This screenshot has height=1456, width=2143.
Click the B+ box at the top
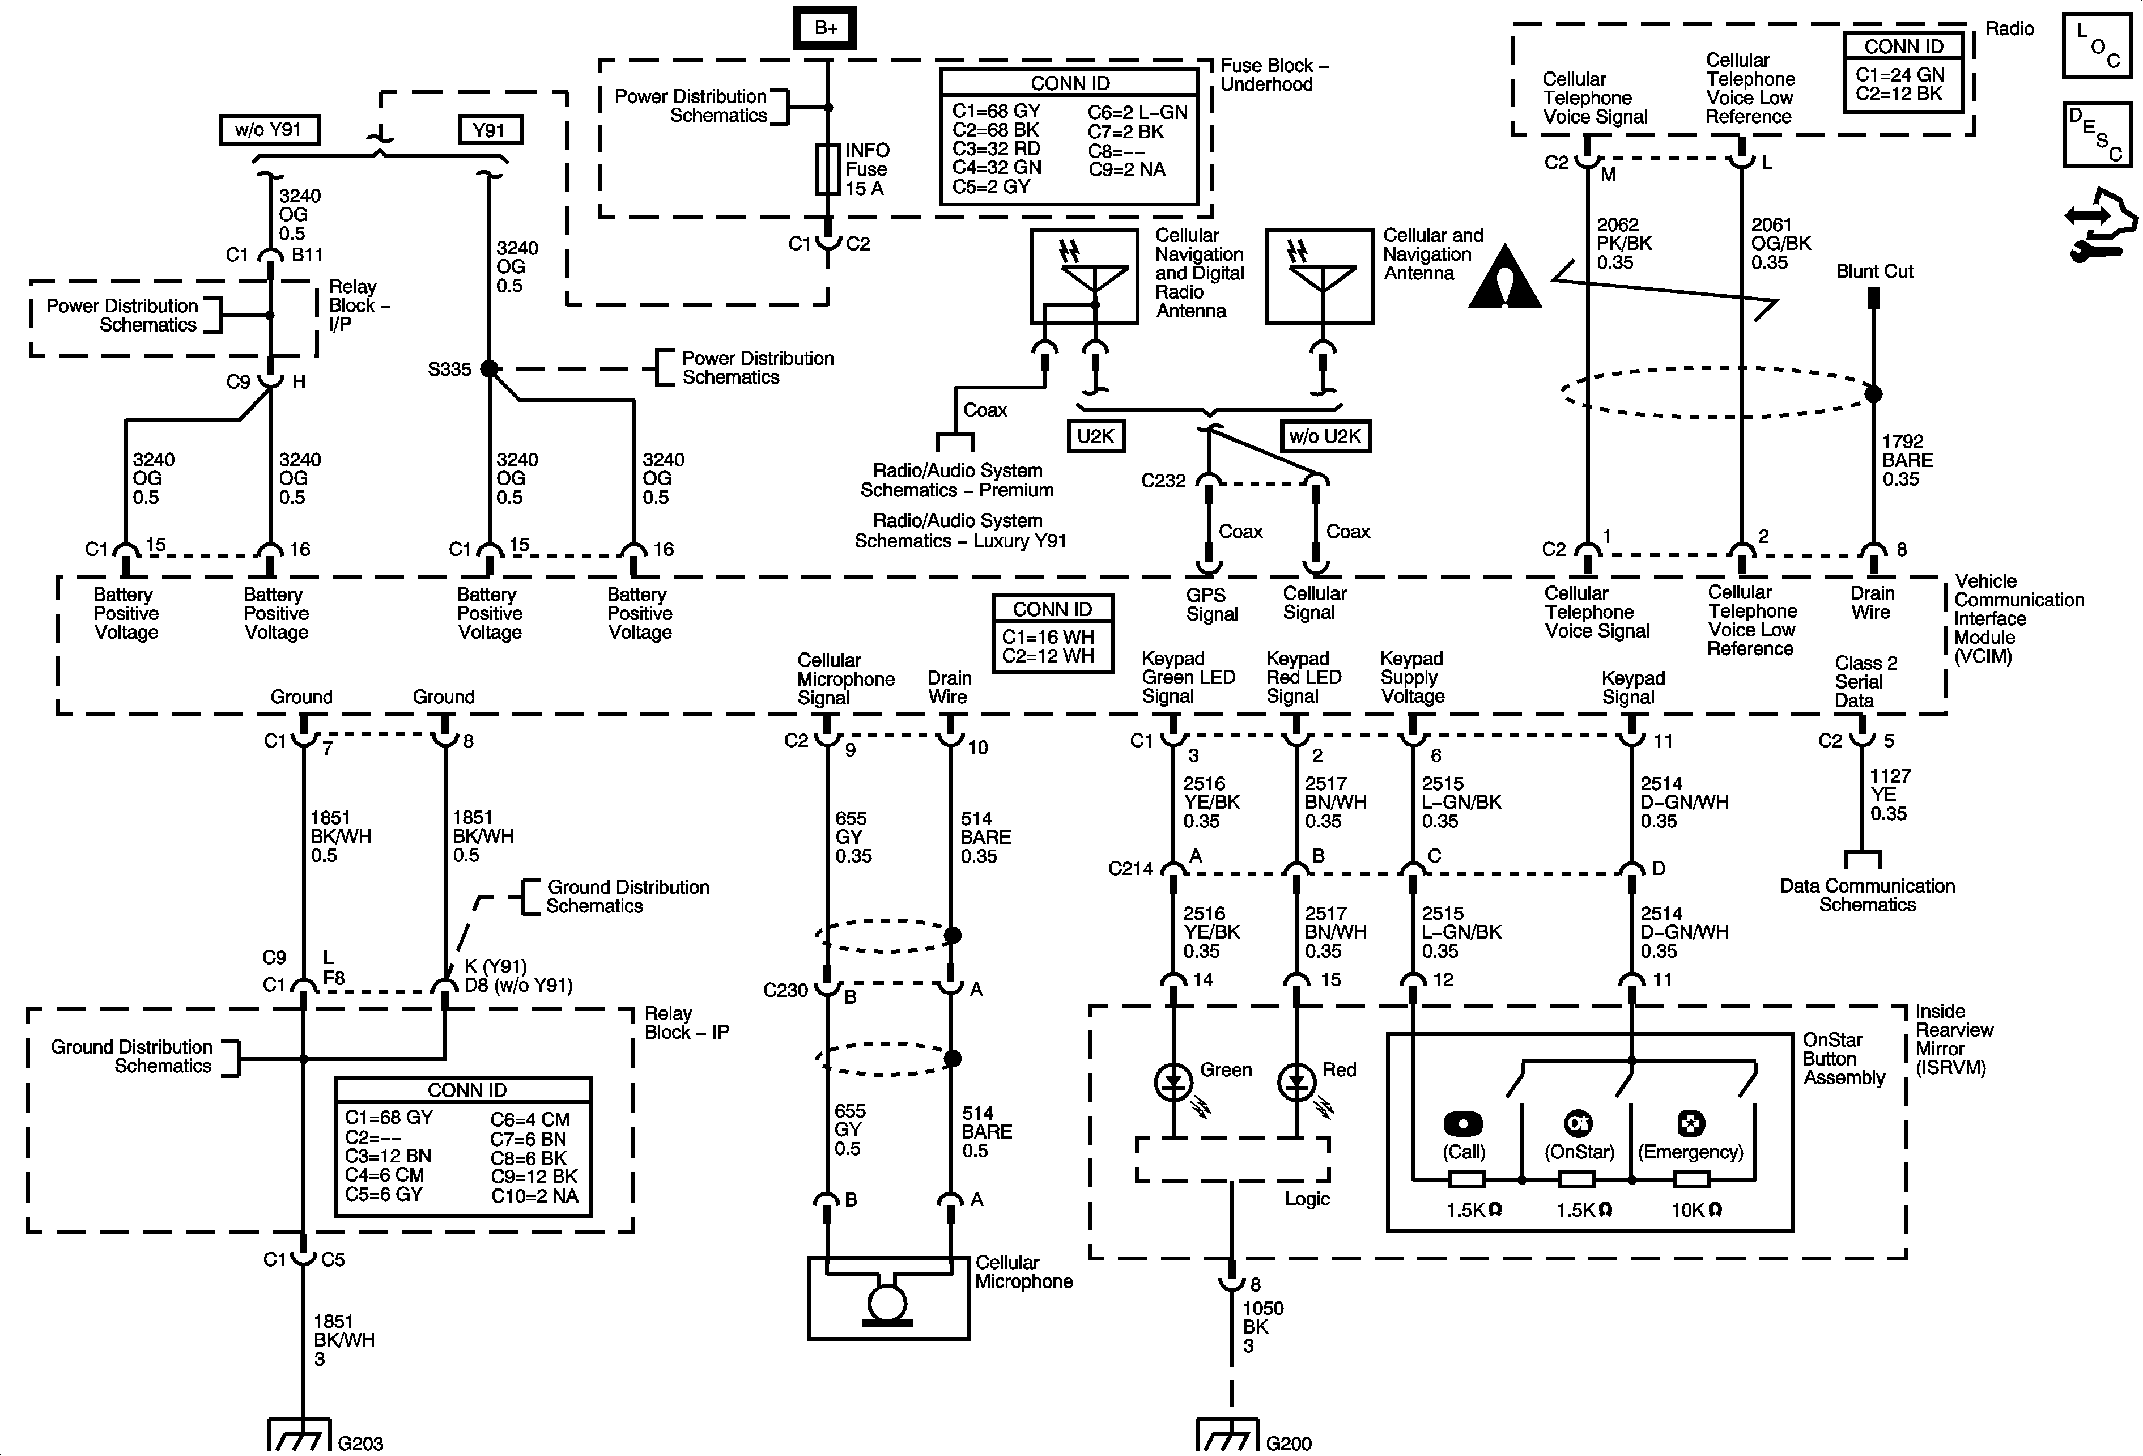pos(825,28)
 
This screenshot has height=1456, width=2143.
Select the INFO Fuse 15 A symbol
pos(827,169)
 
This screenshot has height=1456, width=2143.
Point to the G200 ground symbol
pos(1227,1436)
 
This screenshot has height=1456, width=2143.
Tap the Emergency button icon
pos(1690,1123)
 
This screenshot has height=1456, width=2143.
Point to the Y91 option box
pos(490,130)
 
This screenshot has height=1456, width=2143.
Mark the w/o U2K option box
pos(1325,436)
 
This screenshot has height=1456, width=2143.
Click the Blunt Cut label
pos(1874,271)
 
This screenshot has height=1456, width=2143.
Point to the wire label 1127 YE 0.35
pos(1889,795)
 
